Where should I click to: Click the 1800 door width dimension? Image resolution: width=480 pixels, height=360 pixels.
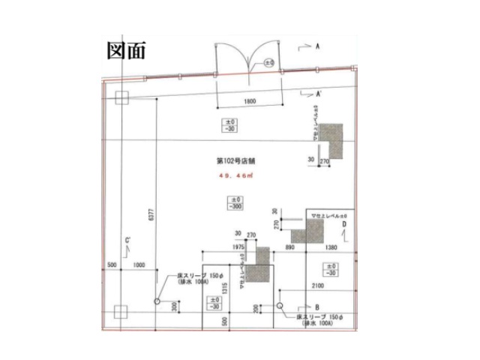(x=250, y=100)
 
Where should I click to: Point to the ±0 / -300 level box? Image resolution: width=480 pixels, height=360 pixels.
(x=236, y=202)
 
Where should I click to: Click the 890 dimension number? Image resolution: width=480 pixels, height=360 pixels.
(x=291, y=245)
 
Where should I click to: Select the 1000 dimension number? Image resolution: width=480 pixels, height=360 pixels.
(x=138, y=265)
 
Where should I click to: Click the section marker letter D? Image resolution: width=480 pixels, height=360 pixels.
(x=345, y=223)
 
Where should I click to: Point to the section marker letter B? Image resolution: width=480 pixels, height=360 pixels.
(x=318, y=307)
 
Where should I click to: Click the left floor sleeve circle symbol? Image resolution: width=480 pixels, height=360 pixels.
(x=157, y=301)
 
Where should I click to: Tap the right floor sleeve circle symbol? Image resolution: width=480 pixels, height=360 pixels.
(x=279, y=306)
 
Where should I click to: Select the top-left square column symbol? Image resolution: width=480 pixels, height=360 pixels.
(x=123, y=97)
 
